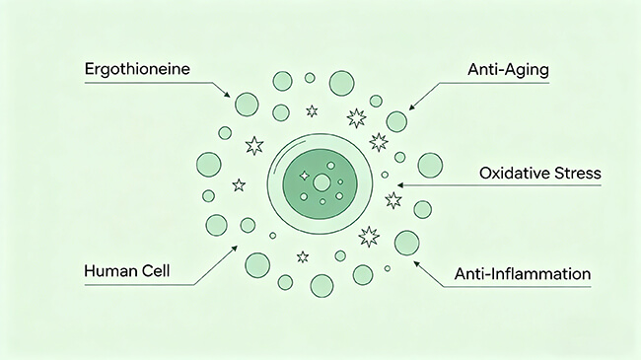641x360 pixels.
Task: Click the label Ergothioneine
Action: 137,69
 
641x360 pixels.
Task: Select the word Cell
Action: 156,271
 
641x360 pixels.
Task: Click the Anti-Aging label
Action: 508,70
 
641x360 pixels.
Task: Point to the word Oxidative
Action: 514,173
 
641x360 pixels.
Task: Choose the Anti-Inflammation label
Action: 523,273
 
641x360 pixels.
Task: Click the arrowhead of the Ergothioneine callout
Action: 227,95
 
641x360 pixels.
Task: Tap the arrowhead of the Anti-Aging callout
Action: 411,108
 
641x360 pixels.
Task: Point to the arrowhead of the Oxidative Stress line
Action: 400,185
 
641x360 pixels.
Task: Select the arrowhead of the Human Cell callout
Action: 235,248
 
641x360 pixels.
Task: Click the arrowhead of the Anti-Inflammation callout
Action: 416,264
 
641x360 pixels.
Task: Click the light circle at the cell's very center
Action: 321,182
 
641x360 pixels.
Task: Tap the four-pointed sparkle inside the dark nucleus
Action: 304,176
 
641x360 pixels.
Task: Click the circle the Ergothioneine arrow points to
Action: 247,105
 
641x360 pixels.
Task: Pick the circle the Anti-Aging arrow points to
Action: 396,121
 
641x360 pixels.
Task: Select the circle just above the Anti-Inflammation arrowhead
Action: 406,243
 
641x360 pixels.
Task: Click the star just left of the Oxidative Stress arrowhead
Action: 393,200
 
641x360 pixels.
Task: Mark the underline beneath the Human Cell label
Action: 139,285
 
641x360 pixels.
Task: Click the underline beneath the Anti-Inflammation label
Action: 518,287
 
